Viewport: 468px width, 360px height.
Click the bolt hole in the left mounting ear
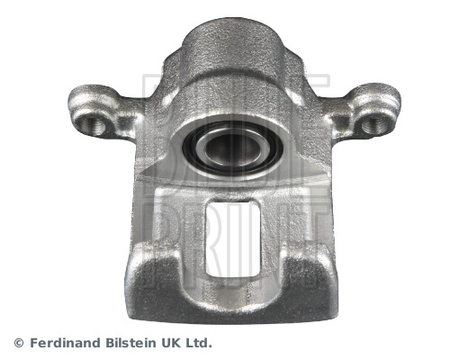91,123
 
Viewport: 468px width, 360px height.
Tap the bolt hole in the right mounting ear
373,123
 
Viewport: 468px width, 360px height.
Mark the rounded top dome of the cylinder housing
231,40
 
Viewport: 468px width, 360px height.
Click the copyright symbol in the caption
19,343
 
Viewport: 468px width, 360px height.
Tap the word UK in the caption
171,343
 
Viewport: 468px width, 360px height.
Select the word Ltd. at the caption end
199,343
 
